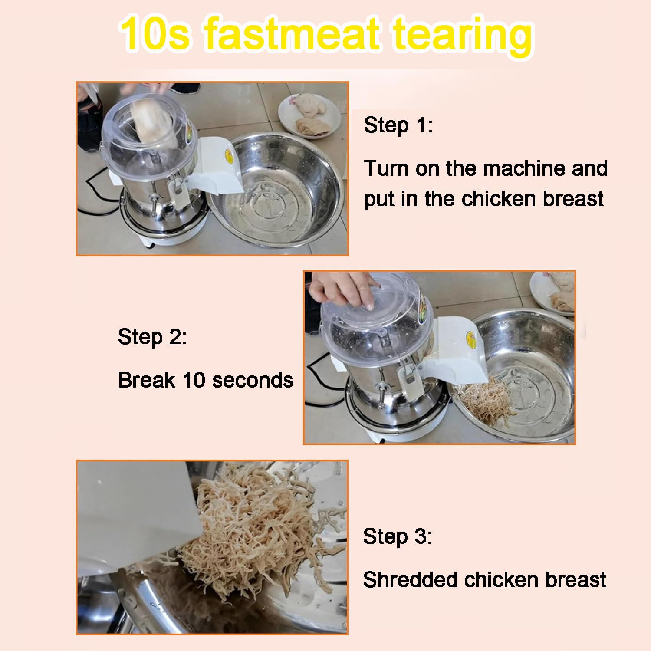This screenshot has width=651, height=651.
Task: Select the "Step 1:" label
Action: (398, 125)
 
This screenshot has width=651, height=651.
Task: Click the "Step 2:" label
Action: (152, 337)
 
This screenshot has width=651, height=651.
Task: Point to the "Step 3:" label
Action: (398, 536)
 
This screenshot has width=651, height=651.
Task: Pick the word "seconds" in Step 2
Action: (253, 381)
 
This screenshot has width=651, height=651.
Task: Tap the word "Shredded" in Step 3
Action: (410, 580)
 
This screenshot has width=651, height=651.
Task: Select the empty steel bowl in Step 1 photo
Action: (278, 190)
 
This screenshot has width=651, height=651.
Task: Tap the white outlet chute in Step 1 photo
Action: (215, 164)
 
